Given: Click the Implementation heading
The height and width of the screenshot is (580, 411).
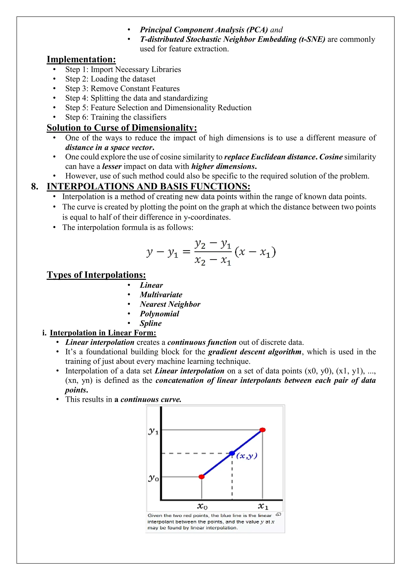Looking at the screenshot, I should click(x=81, y=59).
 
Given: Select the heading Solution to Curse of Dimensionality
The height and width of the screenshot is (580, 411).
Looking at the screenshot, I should click(x=122, y=128).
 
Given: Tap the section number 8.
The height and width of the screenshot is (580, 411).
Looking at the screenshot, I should click(x=35, y=186).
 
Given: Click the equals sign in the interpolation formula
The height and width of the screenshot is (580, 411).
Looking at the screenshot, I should click(x=186, y=252).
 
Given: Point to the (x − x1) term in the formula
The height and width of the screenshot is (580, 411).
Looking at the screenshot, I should click(x=255, y=252).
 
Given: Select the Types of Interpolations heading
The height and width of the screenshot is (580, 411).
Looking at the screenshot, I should click(x=96, y=275).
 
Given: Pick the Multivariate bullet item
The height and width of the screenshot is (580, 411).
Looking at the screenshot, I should click(x=161, y=295).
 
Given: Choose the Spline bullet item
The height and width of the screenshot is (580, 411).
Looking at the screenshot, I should click(x=151, y=323).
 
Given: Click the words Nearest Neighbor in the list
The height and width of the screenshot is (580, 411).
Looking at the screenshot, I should click(x=170, y=304).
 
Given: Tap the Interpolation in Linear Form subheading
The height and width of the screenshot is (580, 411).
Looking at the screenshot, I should click(x=103, y=333).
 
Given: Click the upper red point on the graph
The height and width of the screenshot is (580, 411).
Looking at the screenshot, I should click(x=262, y=430).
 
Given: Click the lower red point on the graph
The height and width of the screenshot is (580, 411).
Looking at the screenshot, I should click(x=201, y=477).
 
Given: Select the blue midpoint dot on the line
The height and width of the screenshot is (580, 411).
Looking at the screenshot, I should click(x=232, y=453).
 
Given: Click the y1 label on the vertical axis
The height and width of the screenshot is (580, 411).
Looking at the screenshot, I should click(x=153, y=431).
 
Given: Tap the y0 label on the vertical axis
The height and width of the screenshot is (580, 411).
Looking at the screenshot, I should click(x=153, y=478).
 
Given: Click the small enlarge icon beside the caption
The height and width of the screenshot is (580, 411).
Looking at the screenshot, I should click(x=278, y=514).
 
